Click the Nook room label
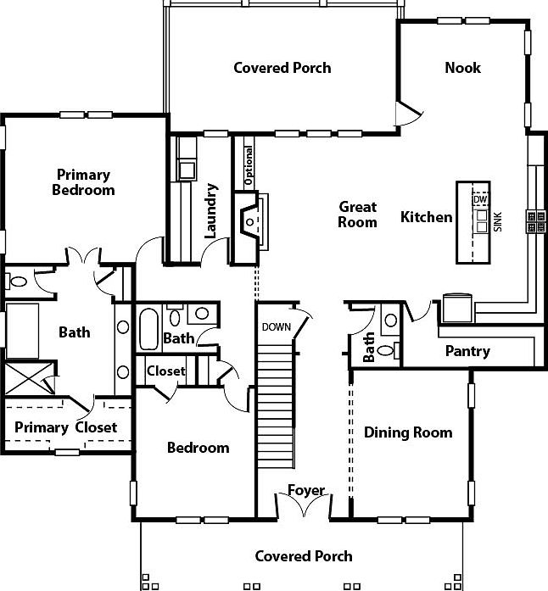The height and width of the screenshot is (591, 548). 463,68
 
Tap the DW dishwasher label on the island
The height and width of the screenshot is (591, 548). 480,199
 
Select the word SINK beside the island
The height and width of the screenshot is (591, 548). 498,222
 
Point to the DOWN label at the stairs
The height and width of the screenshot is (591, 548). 277,326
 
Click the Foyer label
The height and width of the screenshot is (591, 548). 306,490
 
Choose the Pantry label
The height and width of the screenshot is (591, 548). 467,351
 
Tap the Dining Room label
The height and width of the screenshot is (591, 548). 408,432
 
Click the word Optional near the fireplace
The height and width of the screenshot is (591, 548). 249,166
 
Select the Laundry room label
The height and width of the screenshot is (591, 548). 211,210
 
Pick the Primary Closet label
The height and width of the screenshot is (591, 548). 65,427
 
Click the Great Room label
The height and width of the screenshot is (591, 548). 357,214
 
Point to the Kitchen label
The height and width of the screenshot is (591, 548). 426,217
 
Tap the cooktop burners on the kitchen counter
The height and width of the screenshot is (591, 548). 536,221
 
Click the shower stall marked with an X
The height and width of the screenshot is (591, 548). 30,378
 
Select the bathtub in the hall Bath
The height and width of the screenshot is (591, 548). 148,329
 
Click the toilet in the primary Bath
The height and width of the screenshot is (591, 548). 16,282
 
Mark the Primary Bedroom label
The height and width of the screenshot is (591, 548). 83,182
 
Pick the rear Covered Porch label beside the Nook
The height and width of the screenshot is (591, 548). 282,68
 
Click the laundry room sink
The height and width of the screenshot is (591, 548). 187,170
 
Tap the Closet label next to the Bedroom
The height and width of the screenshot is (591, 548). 166,371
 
